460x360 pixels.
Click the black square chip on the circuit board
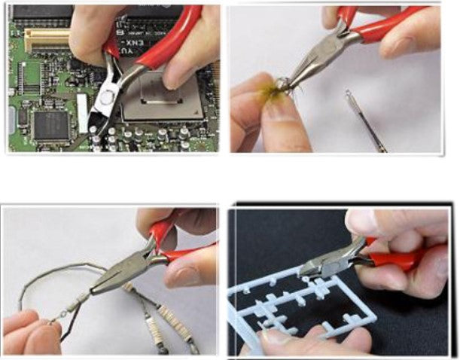point(50,125)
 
